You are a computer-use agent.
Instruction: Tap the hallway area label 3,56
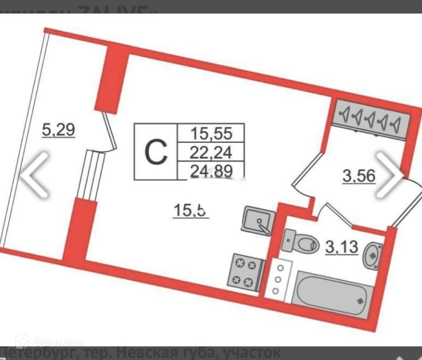pos(359,176)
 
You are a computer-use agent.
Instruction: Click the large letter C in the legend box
pos(156,152)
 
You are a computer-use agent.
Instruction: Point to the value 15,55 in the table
pos(211,133)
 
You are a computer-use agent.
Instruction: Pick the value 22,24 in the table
pos(211,153)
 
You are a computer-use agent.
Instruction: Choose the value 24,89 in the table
pos(211,171)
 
